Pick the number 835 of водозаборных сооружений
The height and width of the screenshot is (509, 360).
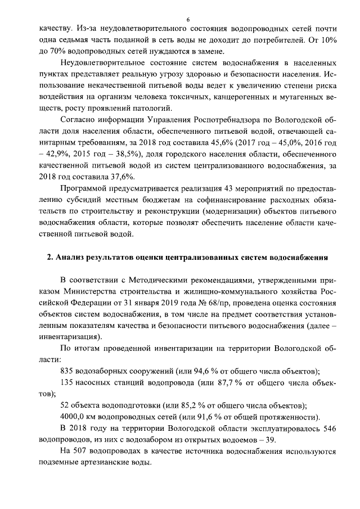(x=67, y=371)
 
